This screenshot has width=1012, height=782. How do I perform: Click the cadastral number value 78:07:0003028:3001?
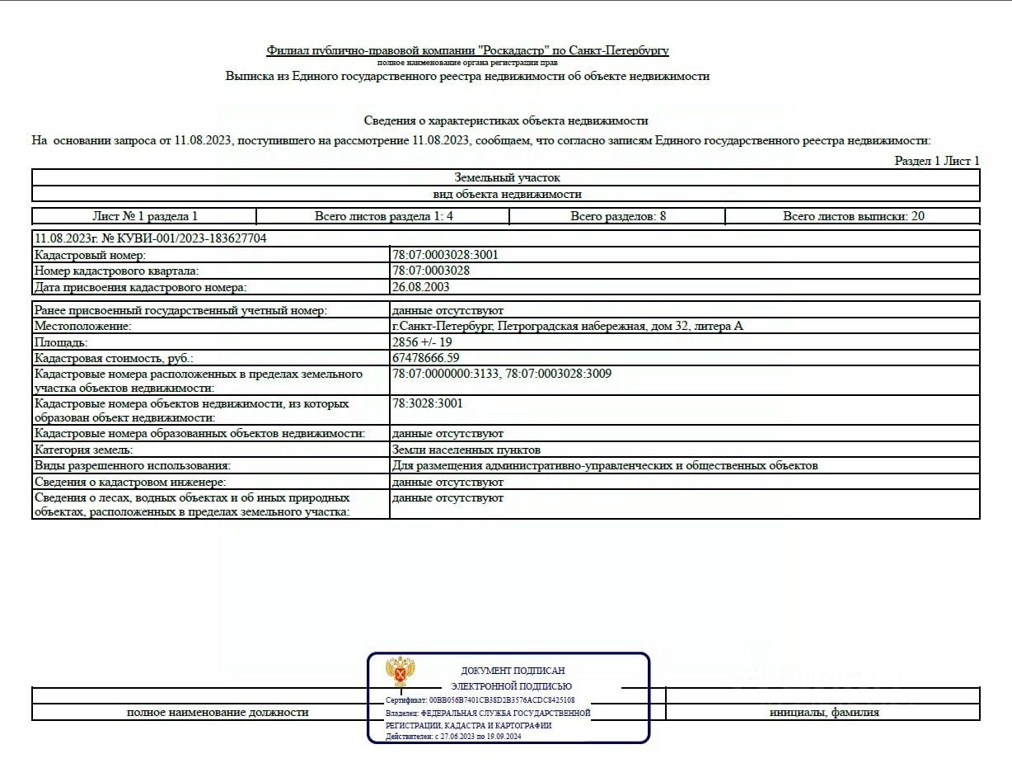click(x=445, y=255)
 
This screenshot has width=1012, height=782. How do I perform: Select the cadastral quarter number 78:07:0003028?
click(x=431, y=271)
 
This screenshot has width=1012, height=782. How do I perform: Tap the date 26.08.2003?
click(x=421, y=287)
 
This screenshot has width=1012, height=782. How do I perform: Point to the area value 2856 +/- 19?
click(x=422, y=342)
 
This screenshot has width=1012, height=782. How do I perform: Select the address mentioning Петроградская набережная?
click(x=567, y=326)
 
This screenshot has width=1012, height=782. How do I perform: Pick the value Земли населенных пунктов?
click(x=466, y=450)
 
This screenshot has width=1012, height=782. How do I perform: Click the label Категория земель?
click(x=83, y=450)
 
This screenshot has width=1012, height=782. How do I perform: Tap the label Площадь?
click(x=61, y=342)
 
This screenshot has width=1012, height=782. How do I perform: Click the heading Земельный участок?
click(x=507, y=177)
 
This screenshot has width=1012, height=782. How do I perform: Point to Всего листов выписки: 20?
click(x=854, y=216)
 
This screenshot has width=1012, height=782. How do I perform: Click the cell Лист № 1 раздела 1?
click(x=145, y=216)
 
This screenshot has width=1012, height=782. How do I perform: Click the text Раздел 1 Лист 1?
click(x=937, y=161)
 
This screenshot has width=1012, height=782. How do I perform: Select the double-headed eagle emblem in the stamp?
click(x=401, y=671)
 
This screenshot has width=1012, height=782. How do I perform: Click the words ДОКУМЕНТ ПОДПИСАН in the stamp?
click(x=513, y=671)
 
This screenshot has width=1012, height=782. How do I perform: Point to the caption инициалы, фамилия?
click(x=824, y=712)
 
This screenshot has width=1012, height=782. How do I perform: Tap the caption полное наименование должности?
click(x=218, y=712)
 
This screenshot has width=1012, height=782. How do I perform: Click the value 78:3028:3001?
click(x=427, y=403)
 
